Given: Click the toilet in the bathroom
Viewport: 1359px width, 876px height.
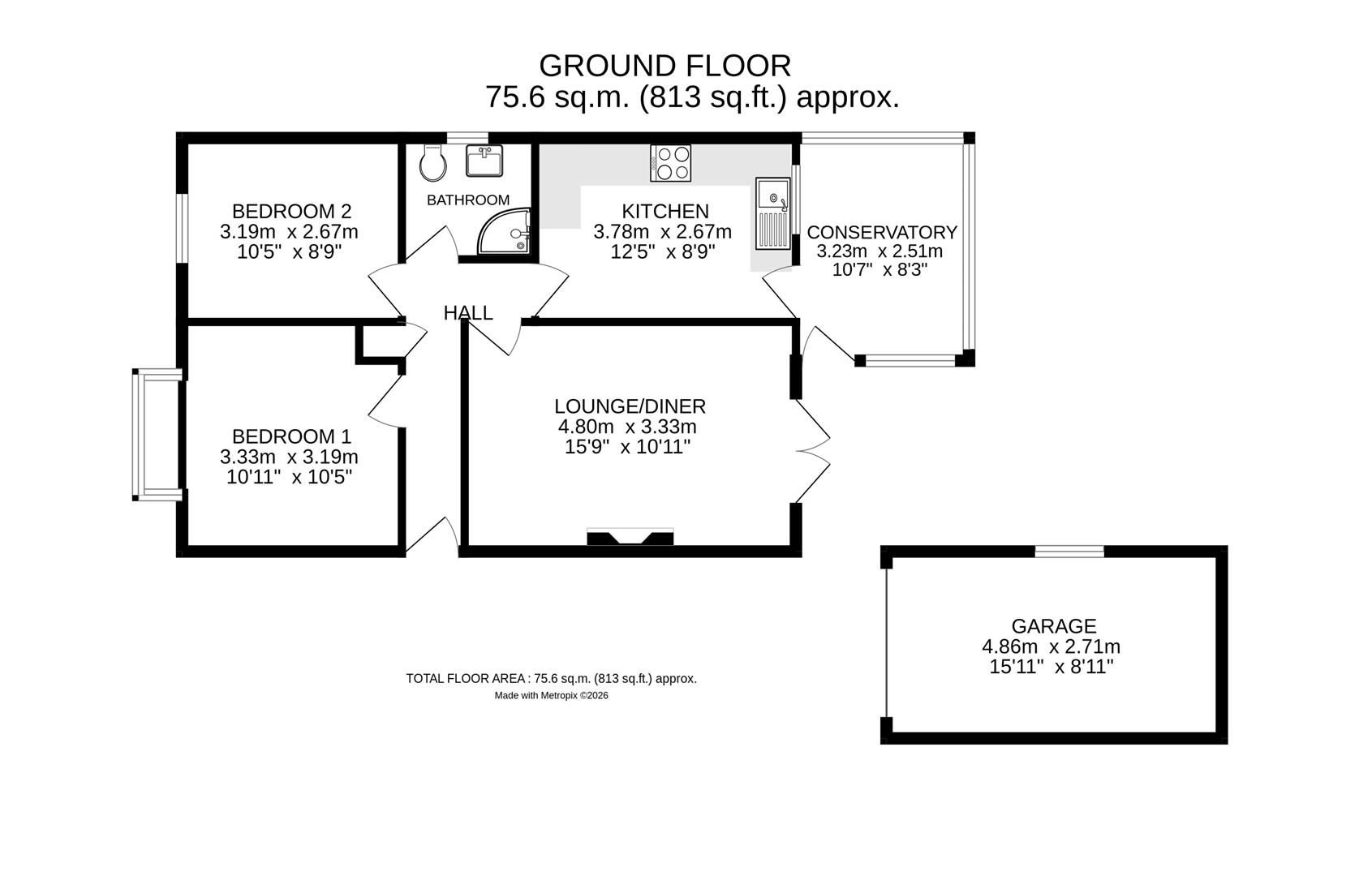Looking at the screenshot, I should click(432, 165).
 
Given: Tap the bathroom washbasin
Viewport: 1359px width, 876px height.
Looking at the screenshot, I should click(484, 161).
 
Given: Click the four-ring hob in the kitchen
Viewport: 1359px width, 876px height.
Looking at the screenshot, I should click(671, 163).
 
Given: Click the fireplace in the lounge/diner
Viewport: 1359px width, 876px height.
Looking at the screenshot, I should click(630, 537).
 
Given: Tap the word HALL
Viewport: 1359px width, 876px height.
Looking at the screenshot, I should click(468, 313).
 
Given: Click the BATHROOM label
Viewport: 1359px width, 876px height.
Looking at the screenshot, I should click(468, 200).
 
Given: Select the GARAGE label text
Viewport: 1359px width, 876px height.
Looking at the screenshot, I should click(1053, 626).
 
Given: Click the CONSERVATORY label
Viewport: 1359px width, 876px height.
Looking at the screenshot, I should click(882, 233).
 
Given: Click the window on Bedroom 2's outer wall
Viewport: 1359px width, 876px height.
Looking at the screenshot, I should click(183, 228).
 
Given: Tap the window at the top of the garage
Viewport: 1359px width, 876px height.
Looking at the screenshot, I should click(1069, 552).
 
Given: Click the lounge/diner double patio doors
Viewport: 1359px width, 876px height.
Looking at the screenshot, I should click(811, 451).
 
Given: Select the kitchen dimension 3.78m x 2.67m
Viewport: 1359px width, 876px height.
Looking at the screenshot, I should click(662, 232).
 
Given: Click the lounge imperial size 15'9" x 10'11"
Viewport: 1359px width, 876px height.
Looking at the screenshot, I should click(627, 447).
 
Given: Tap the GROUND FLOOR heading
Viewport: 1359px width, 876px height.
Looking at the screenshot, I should click(664, 65).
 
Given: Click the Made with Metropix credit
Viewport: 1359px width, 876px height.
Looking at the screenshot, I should click(551, 695).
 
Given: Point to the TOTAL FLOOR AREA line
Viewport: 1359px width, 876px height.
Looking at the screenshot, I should click(551, 679).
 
